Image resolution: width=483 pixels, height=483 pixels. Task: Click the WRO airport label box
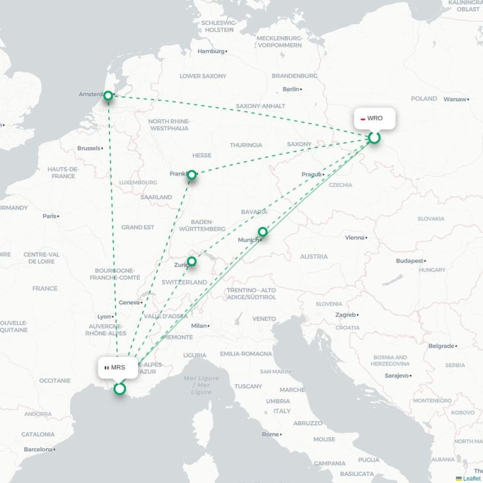[x=374, y=118]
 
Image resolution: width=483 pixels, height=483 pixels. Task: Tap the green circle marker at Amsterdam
[x=108, y=95]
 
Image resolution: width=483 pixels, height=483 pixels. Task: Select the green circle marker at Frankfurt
[x=191, y=175]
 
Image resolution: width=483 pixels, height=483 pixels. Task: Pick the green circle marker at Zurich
[x=191, y=261]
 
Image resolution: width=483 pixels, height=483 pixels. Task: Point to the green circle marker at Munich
[x=263, y=232]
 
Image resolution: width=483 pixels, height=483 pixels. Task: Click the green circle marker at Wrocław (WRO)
[x=374, y=138]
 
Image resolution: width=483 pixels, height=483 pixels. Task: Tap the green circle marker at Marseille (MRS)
[x=120, y=389]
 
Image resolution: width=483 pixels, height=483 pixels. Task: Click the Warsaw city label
[x=455, y=99]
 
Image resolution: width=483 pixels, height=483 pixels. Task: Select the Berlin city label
[x=290, y=89]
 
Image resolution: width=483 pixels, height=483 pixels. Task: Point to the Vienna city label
[x=354, y=238]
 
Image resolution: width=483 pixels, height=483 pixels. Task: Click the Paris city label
[x=49, y=216]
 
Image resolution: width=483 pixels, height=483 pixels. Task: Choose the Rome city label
[x=270, y=435]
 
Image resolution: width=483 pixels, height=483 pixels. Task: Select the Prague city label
[x=311, y=174]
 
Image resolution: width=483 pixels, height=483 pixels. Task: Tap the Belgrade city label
[x=441, y=346]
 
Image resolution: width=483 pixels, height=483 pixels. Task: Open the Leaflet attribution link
[x=472, y=478]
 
